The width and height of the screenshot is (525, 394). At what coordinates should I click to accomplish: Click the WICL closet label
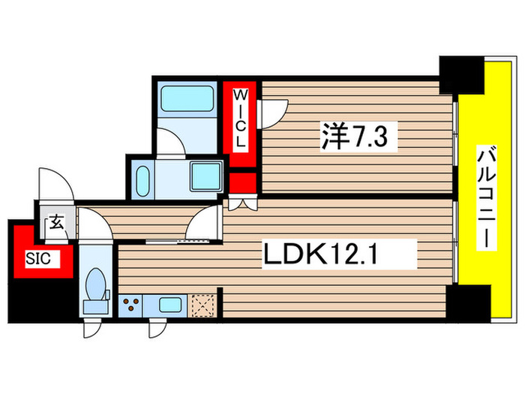(x=241, y=119)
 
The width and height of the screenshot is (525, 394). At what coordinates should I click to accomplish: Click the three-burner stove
(x=133, y=305)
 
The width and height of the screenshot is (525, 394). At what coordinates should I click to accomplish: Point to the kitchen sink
(x=169, y=305)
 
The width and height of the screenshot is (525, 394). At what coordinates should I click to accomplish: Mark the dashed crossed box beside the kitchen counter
(x=203, y=305)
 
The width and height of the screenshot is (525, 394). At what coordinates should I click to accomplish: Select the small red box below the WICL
(x=243, y=182)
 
